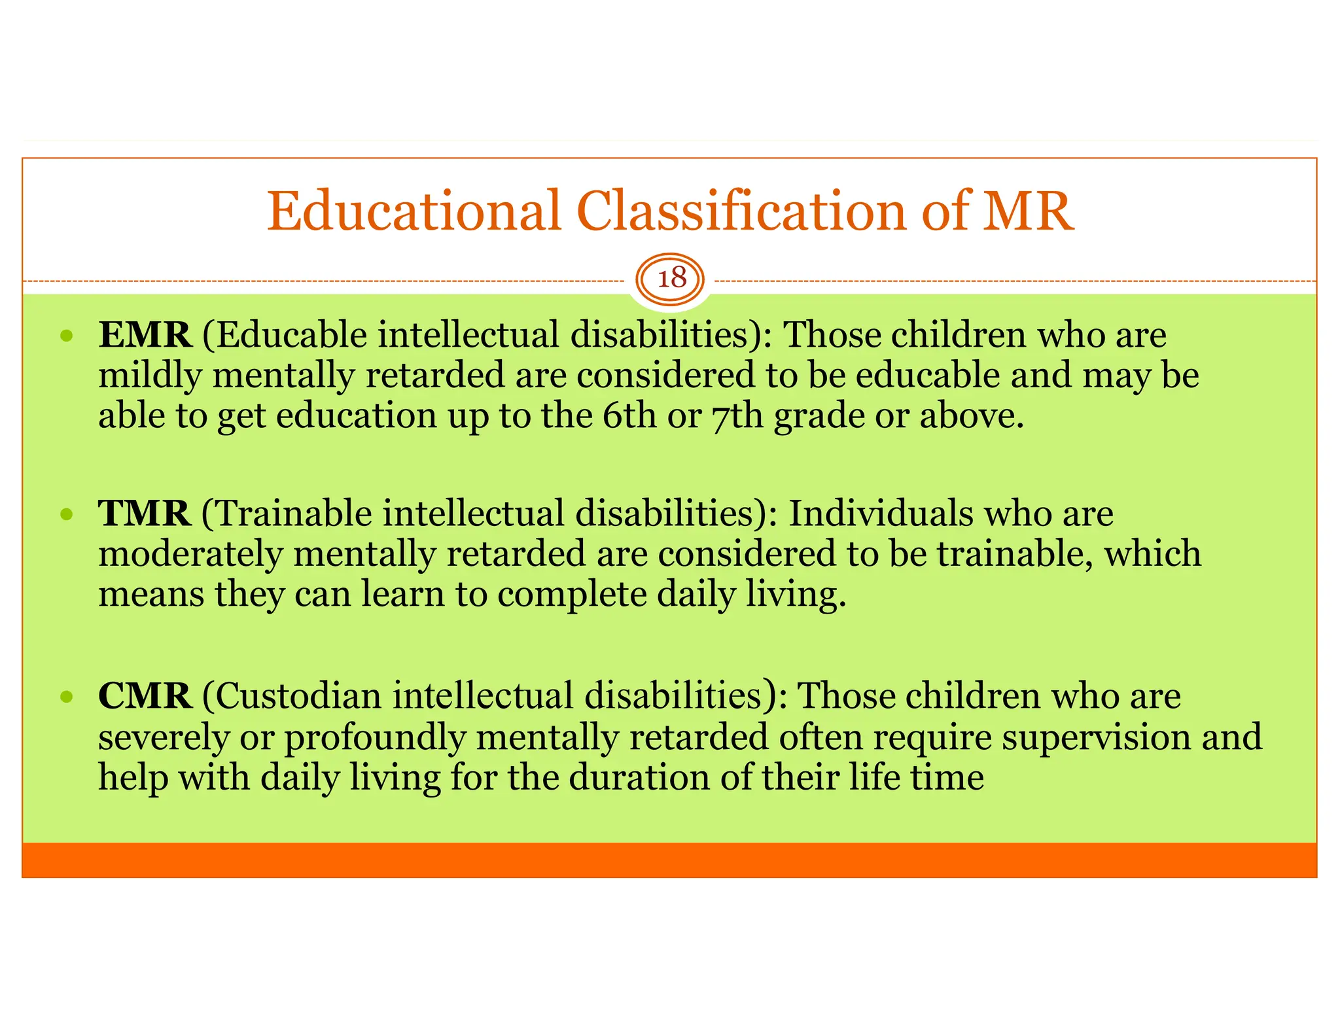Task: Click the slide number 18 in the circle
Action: (x=671, y=279)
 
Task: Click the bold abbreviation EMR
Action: (x=145, y=335)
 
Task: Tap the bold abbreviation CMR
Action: (x=145, y=695)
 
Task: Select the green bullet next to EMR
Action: (x=66, y=337)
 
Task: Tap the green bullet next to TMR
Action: (x=66, y=515)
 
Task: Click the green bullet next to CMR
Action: (x=66, y=697)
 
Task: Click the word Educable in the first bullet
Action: (x=291, y=335)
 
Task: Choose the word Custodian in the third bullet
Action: (x=298, y=695)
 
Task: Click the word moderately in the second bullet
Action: (x=190, y=554)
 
